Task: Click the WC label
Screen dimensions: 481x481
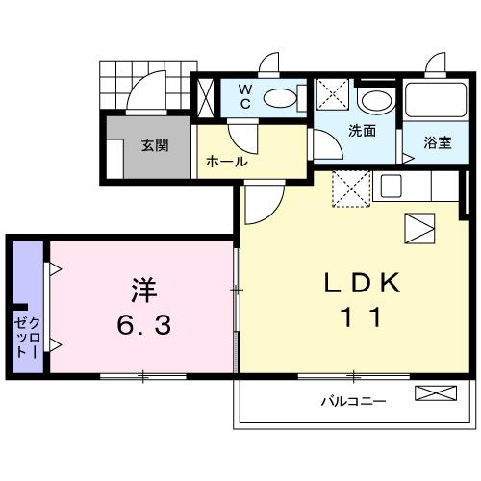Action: coord(244,95)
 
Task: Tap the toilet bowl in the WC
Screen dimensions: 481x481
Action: coord(280,97)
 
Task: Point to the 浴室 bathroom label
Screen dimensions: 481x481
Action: coord(439,143)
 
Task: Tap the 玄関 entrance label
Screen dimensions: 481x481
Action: coord(155,146)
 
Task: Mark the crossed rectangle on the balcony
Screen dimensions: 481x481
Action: coord(436,393)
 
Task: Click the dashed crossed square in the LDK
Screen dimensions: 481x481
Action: coord(350,188)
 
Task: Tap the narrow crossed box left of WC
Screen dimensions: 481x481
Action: coord(207,97)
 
